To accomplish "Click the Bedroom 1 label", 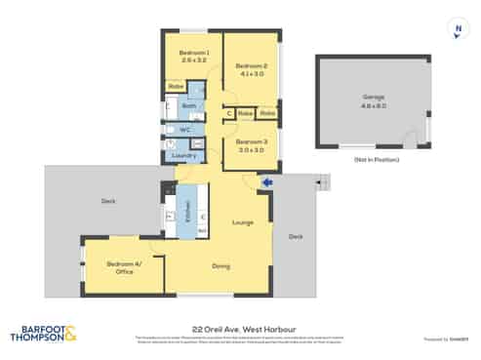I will tap(194, 52).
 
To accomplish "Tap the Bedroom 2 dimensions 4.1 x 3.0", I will tap(252, 73).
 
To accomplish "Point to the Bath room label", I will tap(189, 105).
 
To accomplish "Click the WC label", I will tap(183, 129).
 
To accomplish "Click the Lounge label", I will tap(242, 222).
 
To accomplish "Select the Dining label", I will tap(221, 265).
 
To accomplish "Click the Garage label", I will tap(372, 96).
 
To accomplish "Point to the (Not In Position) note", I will tap(373, 158).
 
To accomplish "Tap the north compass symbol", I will tap(457, 31).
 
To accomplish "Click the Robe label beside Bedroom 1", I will tap(176, 88).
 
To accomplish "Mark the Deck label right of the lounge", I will tap(295, 236).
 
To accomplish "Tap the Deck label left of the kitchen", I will tap(108, 201).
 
